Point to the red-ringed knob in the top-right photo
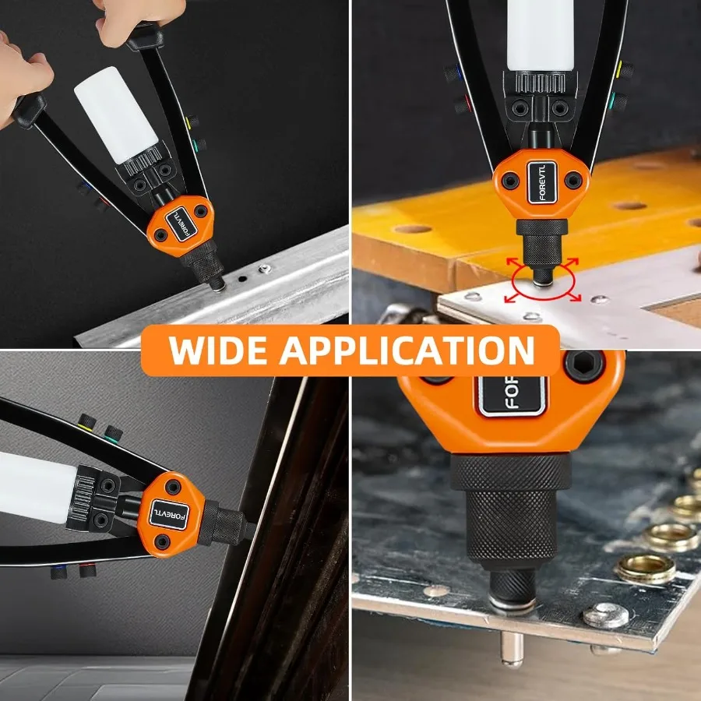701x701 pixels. tap(459, 104)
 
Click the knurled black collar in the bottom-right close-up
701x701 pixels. tap(511, 506)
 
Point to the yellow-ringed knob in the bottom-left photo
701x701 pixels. tap(86, 424)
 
